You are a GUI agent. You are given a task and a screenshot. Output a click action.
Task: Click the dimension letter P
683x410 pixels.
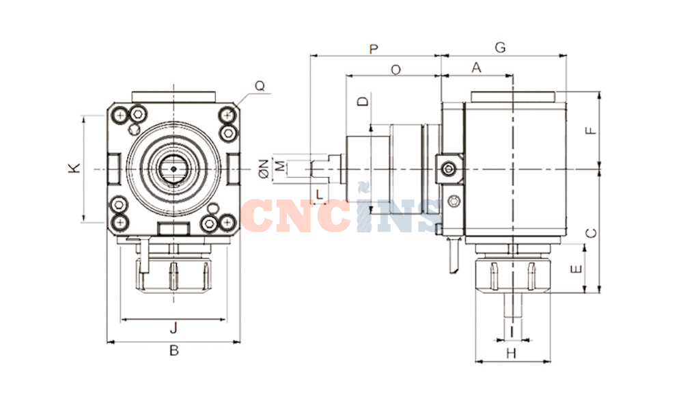(x=374, y=49)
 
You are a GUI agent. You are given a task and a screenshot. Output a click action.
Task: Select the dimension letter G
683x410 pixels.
(x=501, y=47)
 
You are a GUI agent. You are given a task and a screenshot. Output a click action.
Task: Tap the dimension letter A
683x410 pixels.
(x=477, y=68)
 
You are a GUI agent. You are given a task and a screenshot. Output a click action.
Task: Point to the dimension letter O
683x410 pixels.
(x=395, y=70)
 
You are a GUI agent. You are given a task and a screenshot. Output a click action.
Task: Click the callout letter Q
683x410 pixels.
(x=260, y=86)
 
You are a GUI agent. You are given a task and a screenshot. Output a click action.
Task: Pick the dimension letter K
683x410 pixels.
(x=74, y=168)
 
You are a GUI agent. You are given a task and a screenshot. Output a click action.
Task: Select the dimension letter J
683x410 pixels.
(x=173, y=327)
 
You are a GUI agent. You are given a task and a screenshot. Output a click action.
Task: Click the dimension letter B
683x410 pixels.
(x=173, y=350)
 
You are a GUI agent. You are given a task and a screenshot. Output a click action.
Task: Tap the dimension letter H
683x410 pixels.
(x=512, y=353)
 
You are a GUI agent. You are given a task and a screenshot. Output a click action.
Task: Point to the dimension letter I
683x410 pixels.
(x=512, y=332)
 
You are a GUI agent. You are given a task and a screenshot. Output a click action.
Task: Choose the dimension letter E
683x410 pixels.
(x=576, y=269)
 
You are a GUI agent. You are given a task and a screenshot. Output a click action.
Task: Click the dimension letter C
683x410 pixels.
(x=591, y=234)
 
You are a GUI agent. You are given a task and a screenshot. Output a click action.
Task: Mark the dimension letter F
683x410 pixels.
(x=591, y=131)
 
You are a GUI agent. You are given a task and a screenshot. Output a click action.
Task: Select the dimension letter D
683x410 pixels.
(x=363, y=102)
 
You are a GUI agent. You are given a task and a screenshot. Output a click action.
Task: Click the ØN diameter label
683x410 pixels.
(x=264, y=169)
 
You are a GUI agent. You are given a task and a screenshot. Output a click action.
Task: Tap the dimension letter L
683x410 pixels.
(x=320, y=194)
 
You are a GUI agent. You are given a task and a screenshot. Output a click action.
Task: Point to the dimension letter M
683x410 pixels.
(x=281, y=166)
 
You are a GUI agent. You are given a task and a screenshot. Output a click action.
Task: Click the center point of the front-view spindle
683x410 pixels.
(x=173, y=169)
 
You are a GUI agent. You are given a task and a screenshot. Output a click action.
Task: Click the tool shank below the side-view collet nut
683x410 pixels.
(x=512, y=305)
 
